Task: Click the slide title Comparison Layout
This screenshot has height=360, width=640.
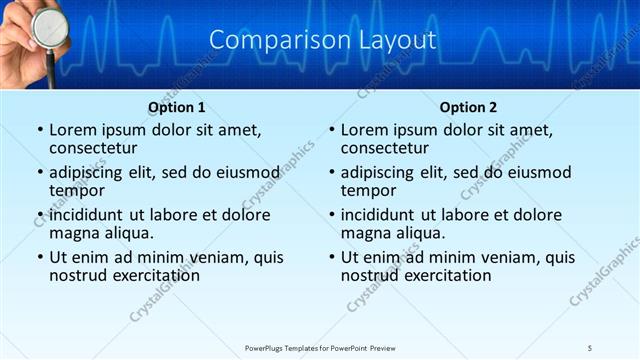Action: [323, 41]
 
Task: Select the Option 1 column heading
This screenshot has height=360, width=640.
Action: [176, 107]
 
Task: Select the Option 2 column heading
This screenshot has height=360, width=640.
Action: [468, 107]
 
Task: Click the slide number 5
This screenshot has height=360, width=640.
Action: [590, 347]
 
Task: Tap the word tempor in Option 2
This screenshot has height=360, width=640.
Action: [368, 190]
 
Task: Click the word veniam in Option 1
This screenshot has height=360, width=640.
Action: [215, 257]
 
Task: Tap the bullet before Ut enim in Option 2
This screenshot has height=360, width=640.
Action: [332, 257]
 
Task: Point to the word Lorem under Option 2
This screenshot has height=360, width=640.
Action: [364, 130]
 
